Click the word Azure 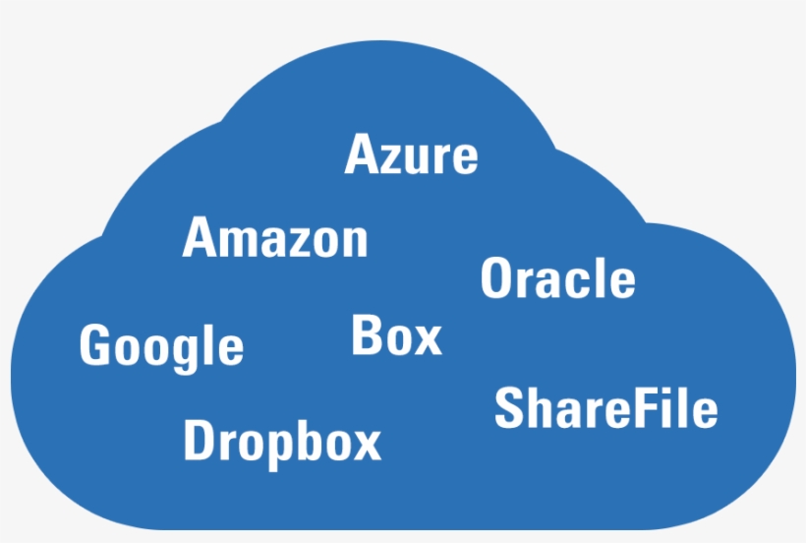(x=412, y=155)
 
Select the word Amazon (x=275, y=238)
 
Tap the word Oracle (x=557, y=278)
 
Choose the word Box (x=396, y=335)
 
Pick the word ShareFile (x=605, y=408)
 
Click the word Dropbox (x=282, y=441)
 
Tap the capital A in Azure (x=361, y=155)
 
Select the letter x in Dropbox (x=366, y=445)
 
